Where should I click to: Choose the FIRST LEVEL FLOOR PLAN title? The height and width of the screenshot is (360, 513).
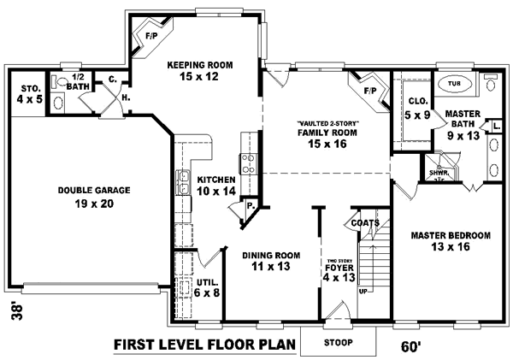[204, 345]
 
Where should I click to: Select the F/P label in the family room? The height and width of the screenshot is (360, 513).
[370, 91]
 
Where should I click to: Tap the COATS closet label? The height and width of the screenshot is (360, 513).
[364, 222]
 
